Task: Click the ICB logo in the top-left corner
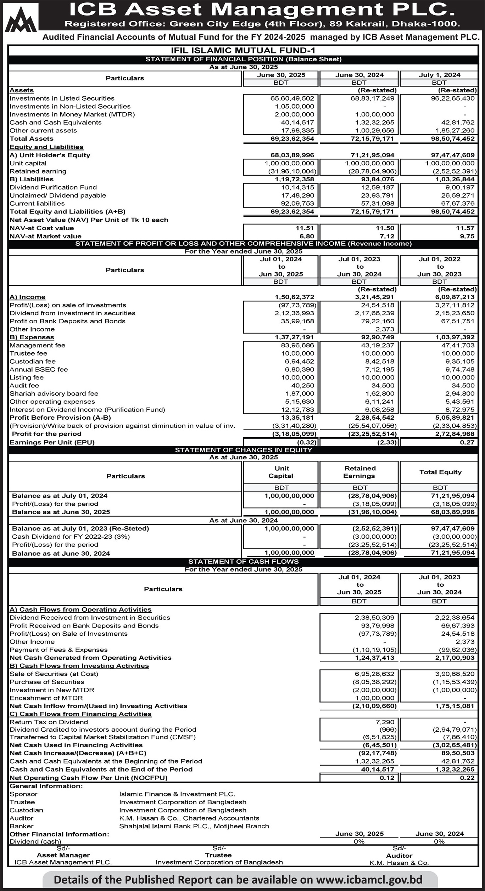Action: (x=21, y=18)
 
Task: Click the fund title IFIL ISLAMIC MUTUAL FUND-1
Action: (x=243, y=51)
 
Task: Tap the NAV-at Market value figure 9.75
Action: (x=467, y=236)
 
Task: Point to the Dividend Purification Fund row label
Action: (x=53, y=187)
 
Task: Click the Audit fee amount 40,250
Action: (x=302, y=385)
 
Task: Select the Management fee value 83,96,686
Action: (x=297, y=345)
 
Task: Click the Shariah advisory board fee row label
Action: (x=54, y=393)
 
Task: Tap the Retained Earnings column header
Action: (x=359, y=472)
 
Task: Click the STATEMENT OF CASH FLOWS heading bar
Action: (x=243, y=562)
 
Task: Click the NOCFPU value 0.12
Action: (x=387, y=778)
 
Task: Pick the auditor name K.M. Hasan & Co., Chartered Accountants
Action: (x=189, y=818)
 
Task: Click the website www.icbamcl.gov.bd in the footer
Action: (x=369, y=880)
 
